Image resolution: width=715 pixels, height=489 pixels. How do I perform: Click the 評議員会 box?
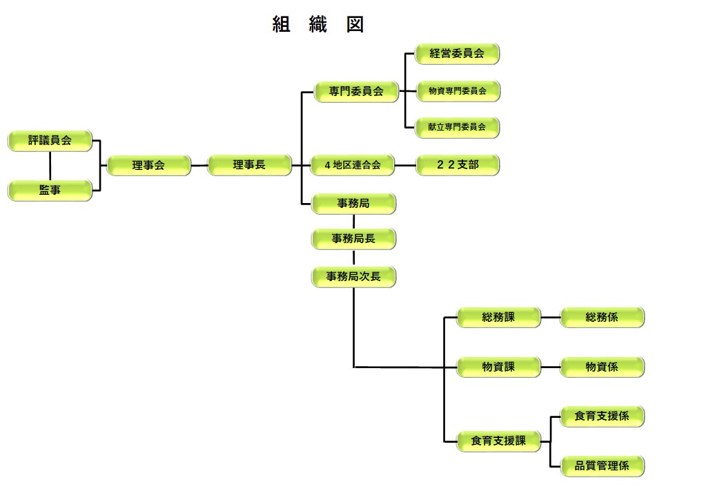click(x=50, y=141)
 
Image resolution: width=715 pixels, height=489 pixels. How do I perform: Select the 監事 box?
click(x=50, y=190)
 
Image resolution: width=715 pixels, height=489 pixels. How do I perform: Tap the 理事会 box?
click(x=148, y=166)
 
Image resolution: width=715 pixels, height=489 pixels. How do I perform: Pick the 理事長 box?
click(x=248, y=165)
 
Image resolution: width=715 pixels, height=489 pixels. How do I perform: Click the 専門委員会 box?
click(x=356, y=91)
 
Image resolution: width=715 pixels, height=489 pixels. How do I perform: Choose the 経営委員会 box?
click(x=457, y=54)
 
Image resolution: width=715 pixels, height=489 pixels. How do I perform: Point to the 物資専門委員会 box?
click(x=457, y=91)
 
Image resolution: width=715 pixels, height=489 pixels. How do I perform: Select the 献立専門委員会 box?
click(x=457, y=128)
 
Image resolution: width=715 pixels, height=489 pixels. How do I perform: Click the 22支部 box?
click(x=457, y=165)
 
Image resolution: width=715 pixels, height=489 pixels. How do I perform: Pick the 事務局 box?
click(x=353, y=204)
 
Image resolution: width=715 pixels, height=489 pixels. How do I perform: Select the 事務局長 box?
click(x=353, y=239)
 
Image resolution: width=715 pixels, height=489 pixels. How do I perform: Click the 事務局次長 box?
click(x=353, y=277)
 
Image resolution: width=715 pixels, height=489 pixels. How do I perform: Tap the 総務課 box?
click(x=498, y=318)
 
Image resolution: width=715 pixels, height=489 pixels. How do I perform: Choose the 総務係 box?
click(x=602, y=318)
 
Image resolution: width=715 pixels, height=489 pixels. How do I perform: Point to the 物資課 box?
click(x=498, y=367)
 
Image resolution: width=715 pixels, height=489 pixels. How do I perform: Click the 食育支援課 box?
click(x=498, y=441)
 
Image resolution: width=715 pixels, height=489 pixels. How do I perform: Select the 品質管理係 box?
click(x=602, y=466)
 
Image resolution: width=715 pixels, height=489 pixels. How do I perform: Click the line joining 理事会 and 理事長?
click(x=199, y=166)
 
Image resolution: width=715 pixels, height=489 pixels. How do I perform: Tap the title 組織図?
click(x=318, y=25)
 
